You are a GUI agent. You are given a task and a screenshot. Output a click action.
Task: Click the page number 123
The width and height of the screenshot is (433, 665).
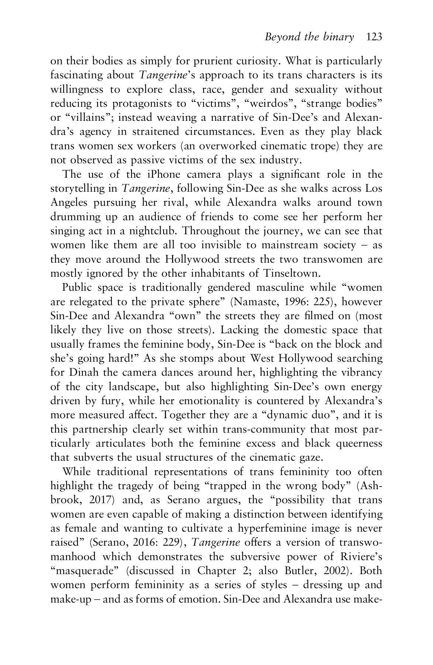point(374,37)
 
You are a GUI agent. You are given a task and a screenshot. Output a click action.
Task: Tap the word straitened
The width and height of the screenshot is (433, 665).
point(160,132)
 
